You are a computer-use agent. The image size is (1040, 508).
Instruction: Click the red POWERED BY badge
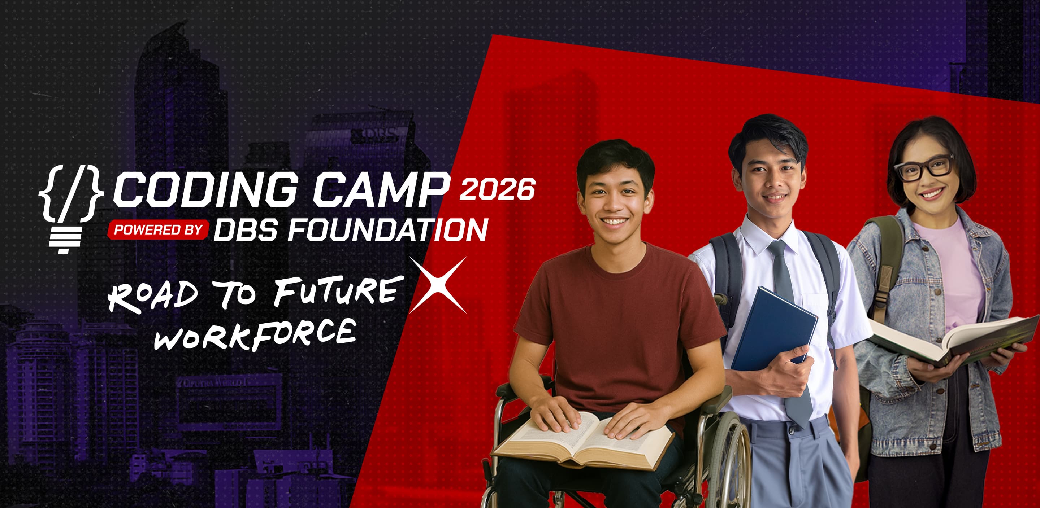coord(158,230)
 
